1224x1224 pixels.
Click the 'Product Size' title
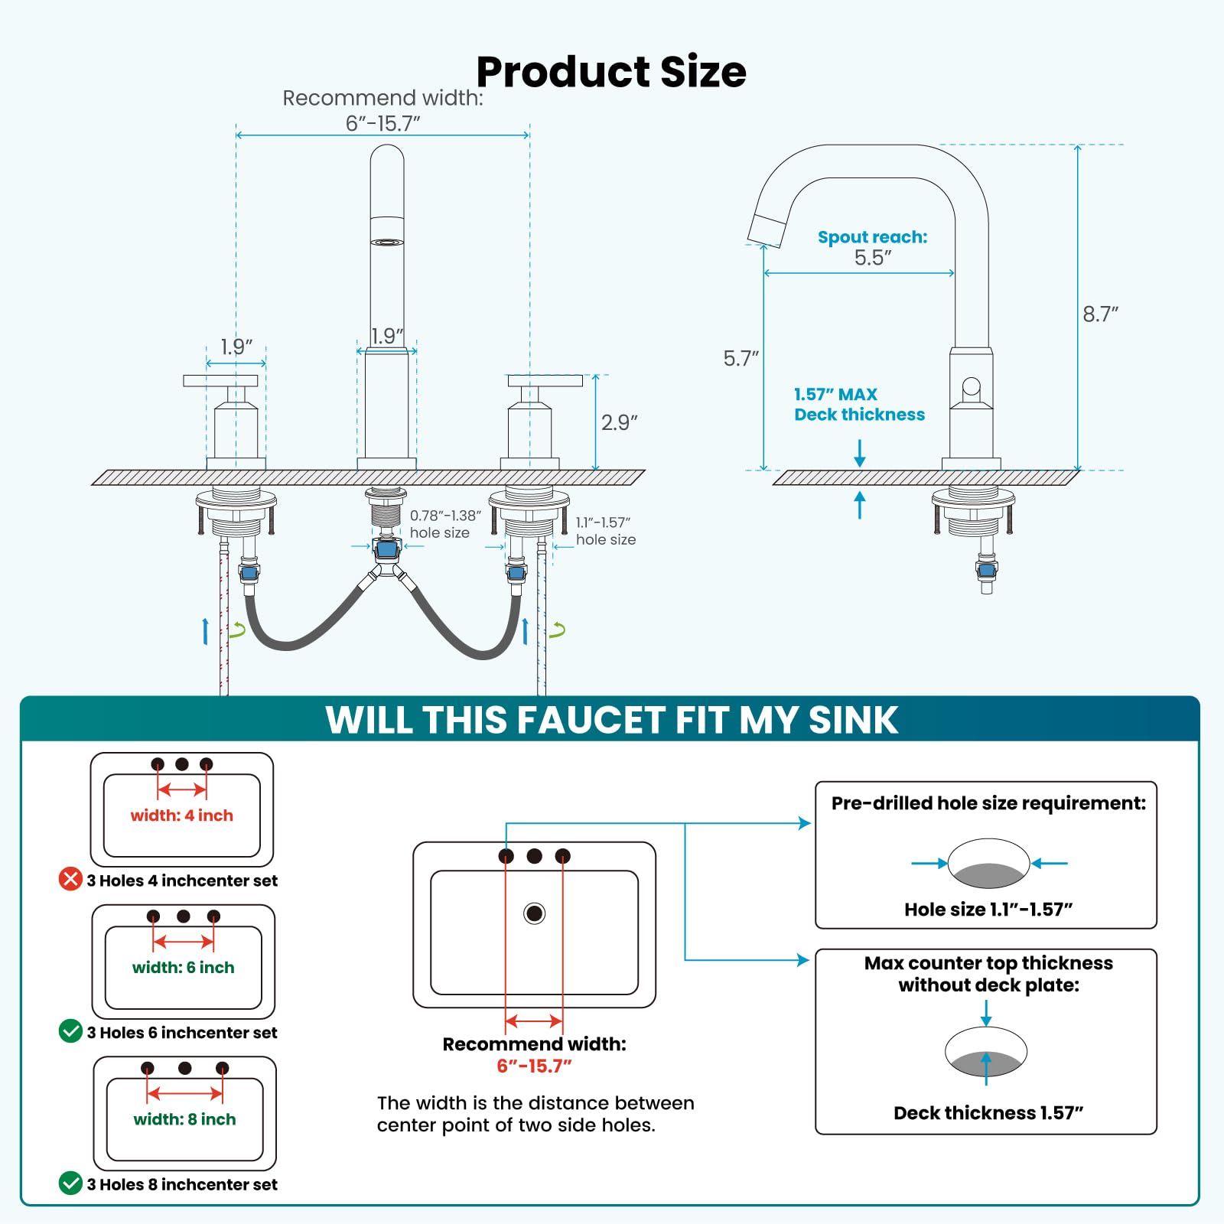coord(611,72)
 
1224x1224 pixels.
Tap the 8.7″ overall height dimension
coord(1100,314)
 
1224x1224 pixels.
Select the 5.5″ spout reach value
coord(873,257)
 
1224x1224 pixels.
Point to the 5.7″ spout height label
coord(741,358)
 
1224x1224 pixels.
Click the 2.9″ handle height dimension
coord(619,422)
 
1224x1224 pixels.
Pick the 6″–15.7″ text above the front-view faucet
coord(383,123)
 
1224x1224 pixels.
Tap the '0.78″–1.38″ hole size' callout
coord(445,524)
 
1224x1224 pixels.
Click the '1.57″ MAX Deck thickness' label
coord(859,405)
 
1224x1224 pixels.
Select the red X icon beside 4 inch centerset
coord(70,879)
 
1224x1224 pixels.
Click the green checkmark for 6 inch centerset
coord(70,1031)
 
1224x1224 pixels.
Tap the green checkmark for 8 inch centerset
coord(70,1183)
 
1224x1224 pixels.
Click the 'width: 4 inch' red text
coord(182,815)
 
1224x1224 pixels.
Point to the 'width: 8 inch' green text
coord(184,1119)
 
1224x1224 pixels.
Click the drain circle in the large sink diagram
coord(534,913)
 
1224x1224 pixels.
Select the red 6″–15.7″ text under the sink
coord(534,1066)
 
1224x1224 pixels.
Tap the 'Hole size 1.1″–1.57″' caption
coord(988,910)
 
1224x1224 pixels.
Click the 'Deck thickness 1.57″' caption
coord(988,1113)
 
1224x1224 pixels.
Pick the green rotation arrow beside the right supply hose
coord(558,630)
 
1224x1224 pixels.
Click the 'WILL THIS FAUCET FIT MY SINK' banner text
coord(612,720)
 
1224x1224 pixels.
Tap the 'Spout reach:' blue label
coord(872,237)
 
